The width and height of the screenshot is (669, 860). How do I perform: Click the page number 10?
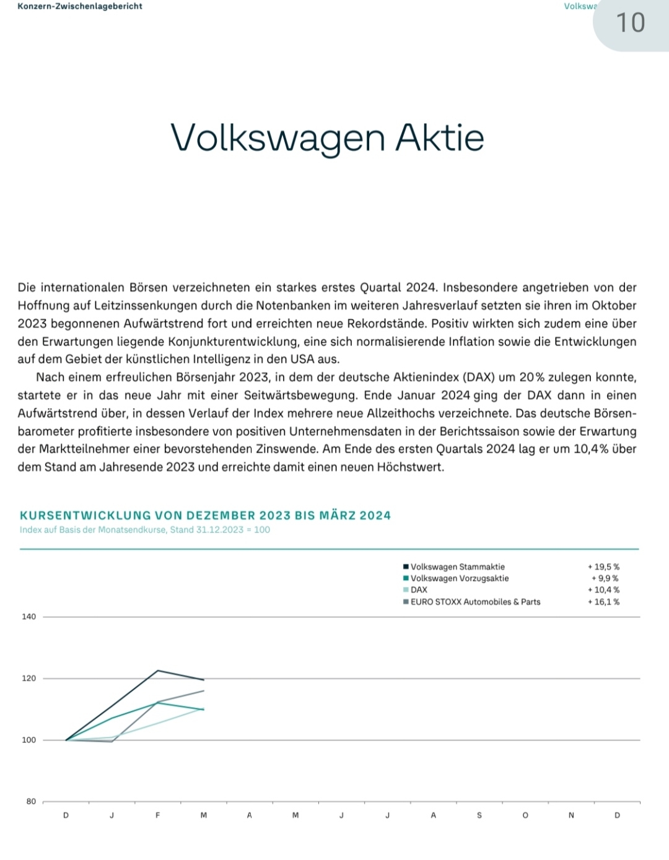click(631, 23)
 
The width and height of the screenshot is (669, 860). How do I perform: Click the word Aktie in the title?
click(439, 137)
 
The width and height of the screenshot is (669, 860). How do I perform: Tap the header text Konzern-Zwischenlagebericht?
click(80, 6)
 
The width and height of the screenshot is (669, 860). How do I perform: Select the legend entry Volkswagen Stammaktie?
click(457, 567)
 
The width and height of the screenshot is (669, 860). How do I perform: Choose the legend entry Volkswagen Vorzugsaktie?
click(459, 578)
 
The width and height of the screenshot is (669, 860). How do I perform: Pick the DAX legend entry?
click(419, 590)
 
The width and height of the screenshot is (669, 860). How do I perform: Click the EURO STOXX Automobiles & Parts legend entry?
click(475, 602)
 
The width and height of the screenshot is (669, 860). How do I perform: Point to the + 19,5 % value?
click(603, 567)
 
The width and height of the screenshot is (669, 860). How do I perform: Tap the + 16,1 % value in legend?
click(603, 602)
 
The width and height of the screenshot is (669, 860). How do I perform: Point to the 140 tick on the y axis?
click(29, 617)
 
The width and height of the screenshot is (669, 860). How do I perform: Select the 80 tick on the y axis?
click(31, 802)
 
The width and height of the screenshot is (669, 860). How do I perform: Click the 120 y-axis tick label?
click(29, 679)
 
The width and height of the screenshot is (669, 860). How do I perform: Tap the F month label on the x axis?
click(158, 815)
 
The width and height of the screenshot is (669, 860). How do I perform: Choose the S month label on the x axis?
click(479, 815)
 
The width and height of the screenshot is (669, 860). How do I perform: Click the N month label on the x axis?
click(571, 815)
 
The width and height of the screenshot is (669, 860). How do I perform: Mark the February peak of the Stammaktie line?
click(158, 671)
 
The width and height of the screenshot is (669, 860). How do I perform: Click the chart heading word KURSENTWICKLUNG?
click(85, 516)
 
